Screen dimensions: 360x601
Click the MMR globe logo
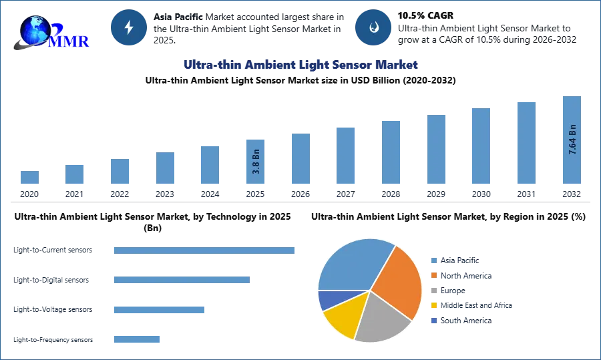coord(50,32)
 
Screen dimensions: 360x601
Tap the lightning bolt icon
coord(129,27)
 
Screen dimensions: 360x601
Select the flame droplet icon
coord(373,27)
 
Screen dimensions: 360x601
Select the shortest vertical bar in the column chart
coord(29,178)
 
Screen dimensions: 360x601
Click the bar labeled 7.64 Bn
coord(571,141)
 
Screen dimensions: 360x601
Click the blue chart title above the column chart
coord(300,65)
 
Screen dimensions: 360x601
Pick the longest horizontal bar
coord(205,251)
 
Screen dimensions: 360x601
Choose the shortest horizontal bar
coord(136,339)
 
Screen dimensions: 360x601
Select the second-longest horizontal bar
coord(181,278)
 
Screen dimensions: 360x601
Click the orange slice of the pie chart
coord(399,281)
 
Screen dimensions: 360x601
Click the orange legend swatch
coord(433,276)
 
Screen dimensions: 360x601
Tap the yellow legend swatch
coord(433,305)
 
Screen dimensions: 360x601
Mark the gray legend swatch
coord(433,291)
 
